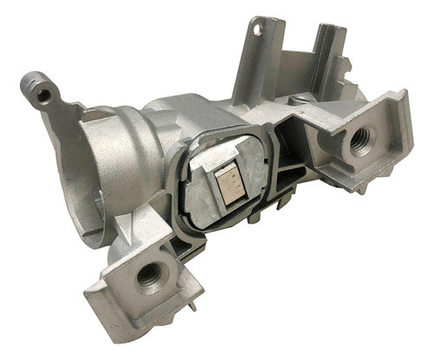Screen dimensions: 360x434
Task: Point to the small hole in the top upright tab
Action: click(x=257, y=29)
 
